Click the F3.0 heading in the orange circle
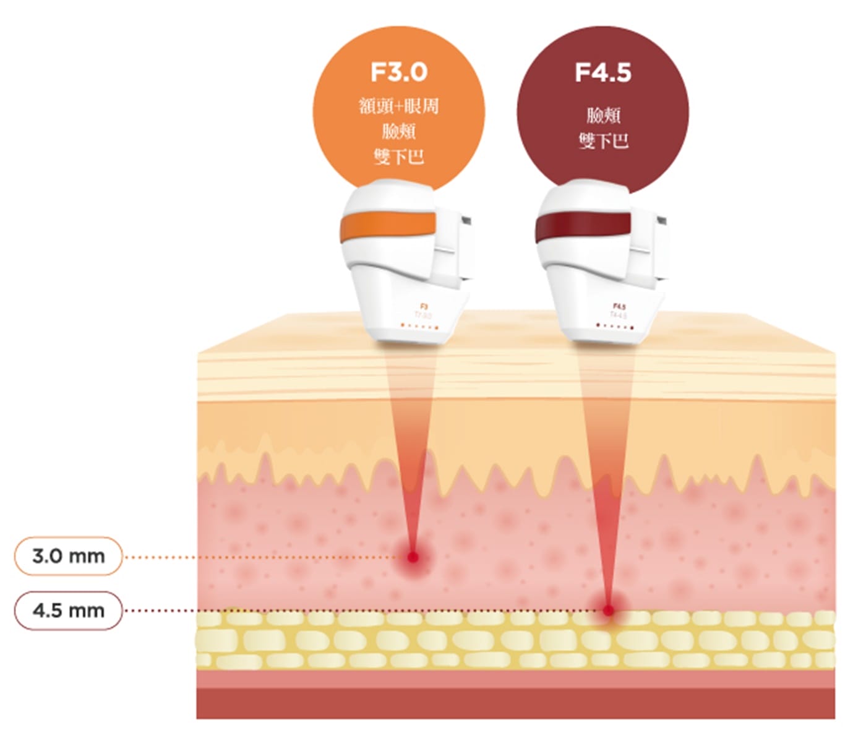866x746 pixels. [399, 72]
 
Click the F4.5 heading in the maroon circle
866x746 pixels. [603, 72]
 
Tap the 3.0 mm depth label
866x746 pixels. [68, 556]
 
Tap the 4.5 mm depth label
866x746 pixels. [68, 611]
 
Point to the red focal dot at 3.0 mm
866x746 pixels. [413, 557]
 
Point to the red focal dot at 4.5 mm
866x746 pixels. [609, 611]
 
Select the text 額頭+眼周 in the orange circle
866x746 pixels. [399, 106]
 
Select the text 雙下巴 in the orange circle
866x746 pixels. [399, 156]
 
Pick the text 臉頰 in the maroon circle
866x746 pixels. [603, 115]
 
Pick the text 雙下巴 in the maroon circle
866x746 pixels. [603, 141]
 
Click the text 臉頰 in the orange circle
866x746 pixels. [399, 131]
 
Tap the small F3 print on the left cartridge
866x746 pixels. [424, 306]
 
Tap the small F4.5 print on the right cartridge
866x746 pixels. [619, 306]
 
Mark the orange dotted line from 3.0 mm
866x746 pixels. [260, 557]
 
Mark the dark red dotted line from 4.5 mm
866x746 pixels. [359, 611]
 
